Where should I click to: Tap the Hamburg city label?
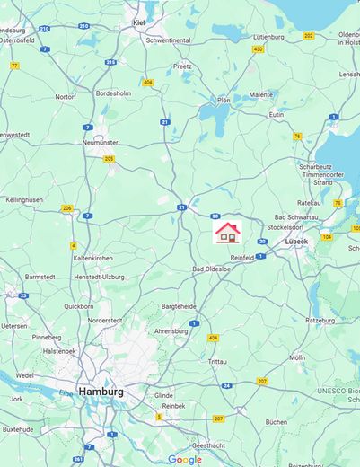101,392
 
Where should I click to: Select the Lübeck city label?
297,242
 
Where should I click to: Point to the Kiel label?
139,22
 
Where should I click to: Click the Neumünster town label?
101,143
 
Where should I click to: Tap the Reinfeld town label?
242,257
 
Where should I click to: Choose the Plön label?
224,101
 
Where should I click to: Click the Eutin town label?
276,115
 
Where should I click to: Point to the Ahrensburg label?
171,331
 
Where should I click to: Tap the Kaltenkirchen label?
93,258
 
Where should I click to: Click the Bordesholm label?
114,92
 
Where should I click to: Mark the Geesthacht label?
209,445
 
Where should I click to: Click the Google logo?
185,459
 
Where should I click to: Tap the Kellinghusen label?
24,200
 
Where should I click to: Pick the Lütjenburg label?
269,37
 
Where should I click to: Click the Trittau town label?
217,361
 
